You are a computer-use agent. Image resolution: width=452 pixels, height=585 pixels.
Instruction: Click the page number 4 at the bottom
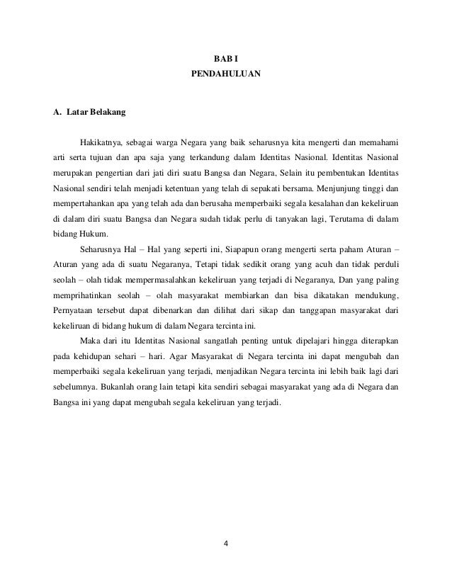(x=226, y=545)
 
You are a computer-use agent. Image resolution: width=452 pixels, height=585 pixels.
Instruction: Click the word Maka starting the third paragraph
(x=90, y=343)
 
